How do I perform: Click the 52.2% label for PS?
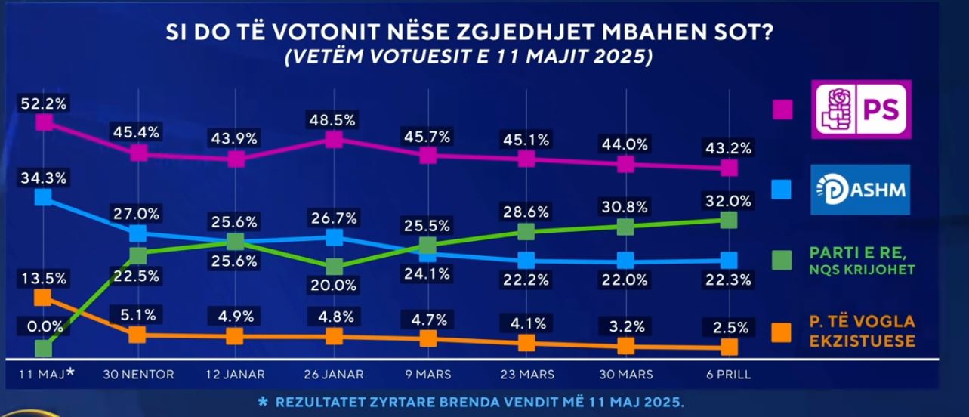(44, 104)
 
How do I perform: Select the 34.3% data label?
(44, 179)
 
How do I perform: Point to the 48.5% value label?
(332, 120)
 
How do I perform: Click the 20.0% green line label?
(333, 286)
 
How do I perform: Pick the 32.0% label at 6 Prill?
(727, 202)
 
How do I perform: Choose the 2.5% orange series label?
(727, 328)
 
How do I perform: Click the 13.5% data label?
(44, 278)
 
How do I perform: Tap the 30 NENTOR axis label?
(138, 374)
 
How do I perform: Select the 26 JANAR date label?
(333, 374)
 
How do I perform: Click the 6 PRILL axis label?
(728, 374)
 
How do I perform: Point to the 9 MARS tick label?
(427, 374)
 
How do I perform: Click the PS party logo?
(861, 110)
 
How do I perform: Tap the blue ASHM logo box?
(861, 190)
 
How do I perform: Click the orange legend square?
(782, 332)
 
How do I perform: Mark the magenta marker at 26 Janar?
(333, 139)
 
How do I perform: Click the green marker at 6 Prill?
(728, 220)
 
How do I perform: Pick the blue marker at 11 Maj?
(44, 197)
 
